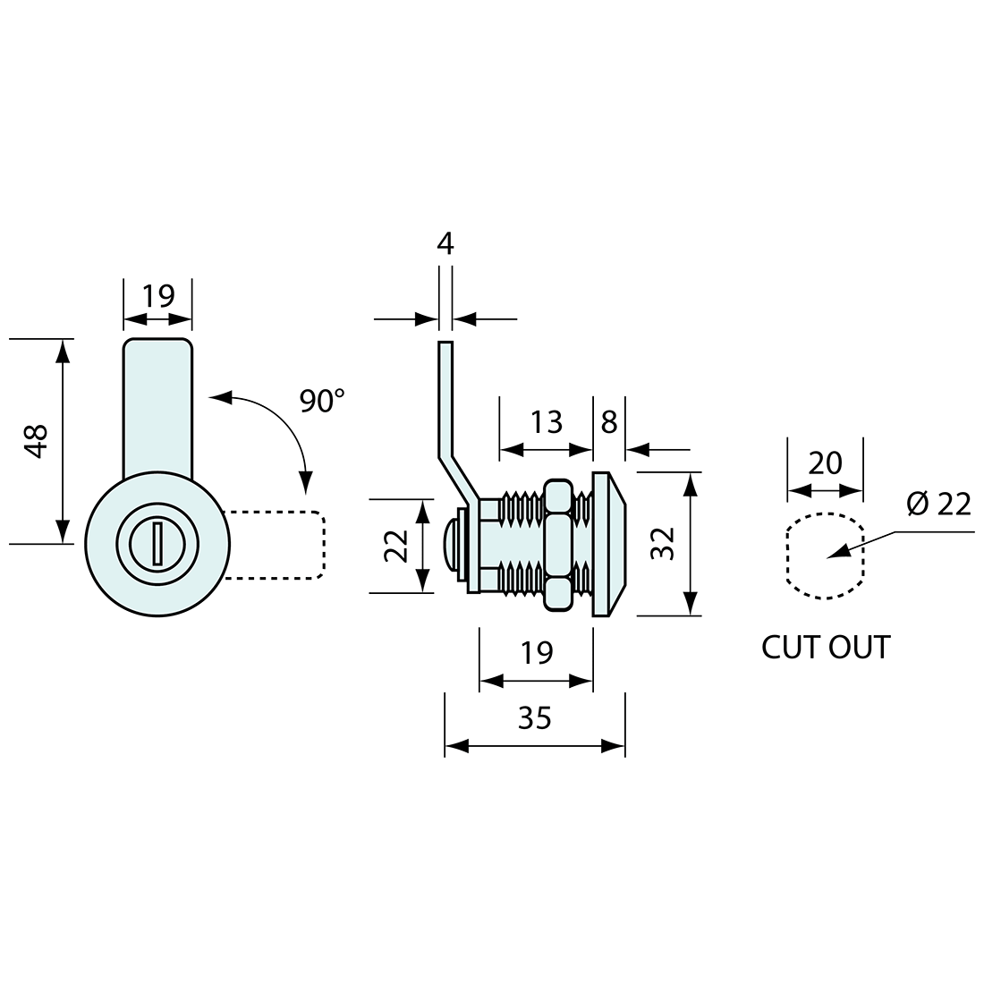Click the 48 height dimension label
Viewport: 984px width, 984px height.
(38, 442)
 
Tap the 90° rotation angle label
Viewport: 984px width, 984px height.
(322, 402)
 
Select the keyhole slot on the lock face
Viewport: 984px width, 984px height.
(157, 544)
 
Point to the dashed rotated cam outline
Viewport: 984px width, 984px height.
(324, 544)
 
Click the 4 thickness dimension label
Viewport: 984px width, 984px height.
(445, 243)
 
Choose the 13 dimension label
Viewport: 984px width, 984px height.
(546, 422)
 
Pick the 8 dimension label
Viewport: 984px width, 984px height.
(608, 422)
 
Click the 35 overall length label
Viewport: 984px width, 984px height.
(535, 718)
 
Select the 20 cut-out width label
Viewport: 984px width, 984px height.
(825, 463)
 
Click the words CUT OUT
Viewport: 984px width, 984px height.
(826, 647)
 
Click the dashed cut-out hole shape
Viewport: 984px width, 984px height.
(787, 556)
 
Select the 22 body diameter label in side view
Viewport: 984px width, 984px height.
(396, 546)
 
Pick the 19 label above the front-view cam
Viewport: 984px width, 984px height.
(157, 295)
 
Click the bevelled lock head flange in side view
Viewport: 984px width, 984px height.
(607, 544)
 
